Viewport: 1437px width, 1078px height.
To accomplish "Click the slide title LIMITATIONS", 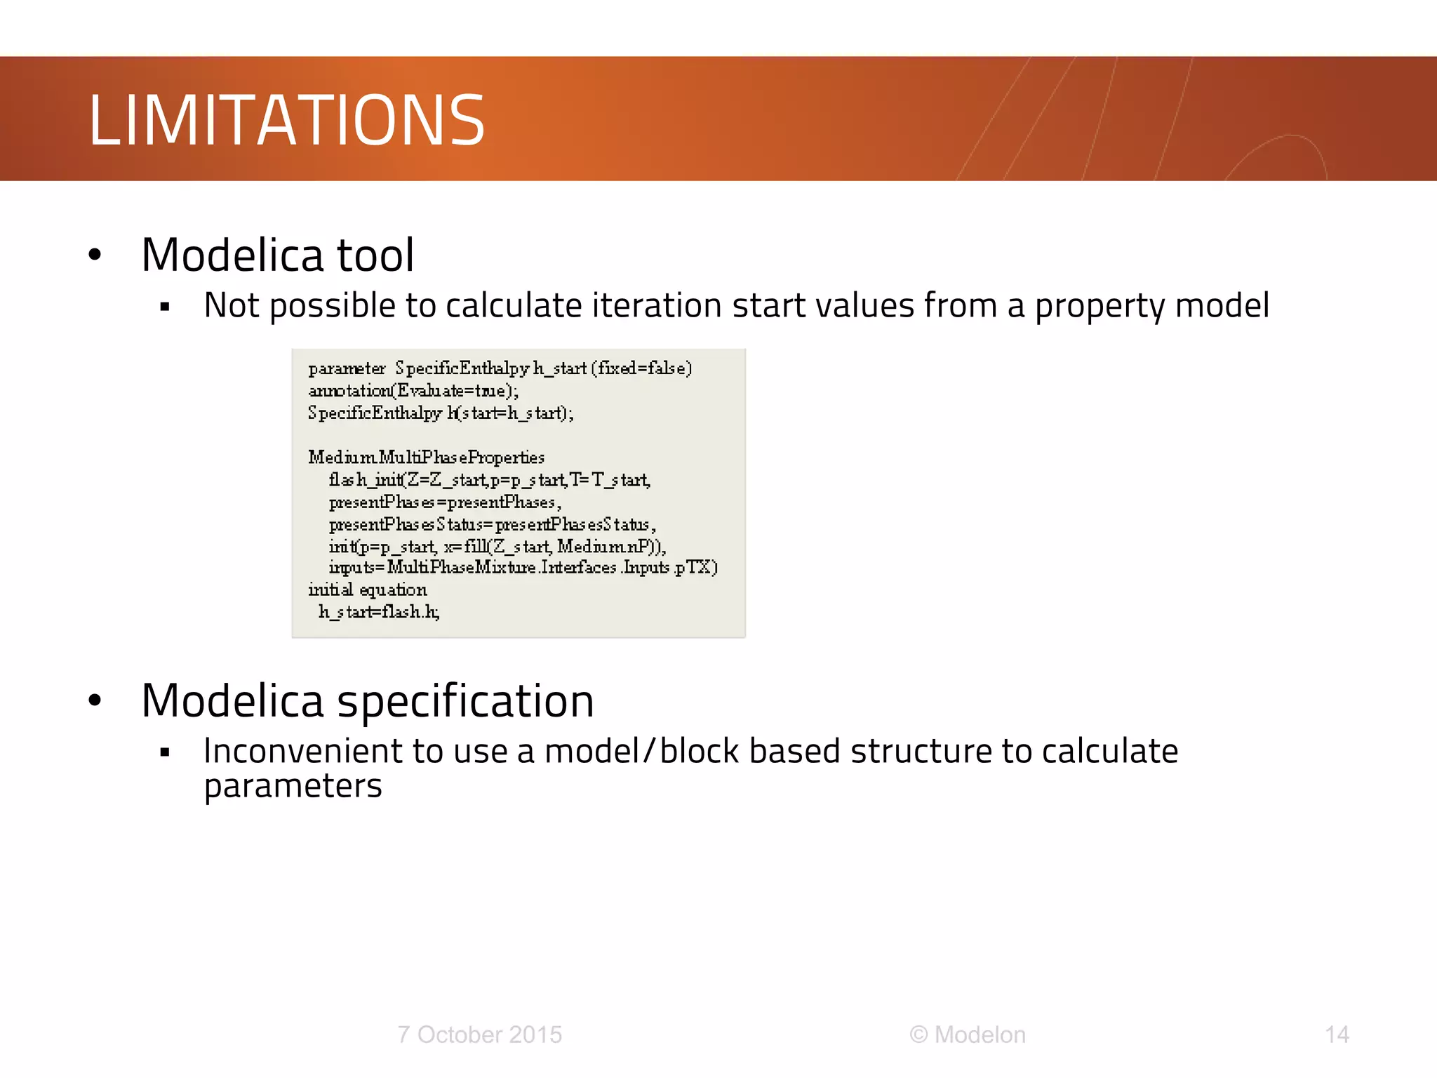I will click(x=286, y=121).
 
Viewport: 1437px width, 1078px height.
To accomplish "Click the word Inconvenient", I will click(x=302, y=751).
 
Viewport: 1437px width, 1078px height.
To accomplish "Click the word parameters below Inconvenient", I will click(x=293, y=786).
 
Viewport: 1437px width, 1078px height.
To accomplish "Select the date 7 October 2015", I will click(x=479, y=1034).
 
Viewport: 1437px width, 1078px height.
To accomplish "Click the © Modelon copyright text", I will click(x=968, y=1034).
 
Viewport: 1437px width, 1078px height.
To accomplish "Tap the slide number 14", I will click(x=1337, y=1034).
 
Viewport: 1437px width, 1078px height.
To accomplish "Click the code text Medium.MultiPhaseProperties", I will click(x=426, y=458).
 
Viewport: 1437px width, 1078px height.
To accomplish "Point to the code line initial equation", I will click(x=367, y=590).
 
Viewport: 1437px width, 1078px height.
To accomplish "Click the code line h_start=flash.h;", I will click(x=379, y=612).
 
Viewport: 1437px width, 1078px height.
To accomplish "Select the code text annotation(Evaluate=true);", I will click(x=413, y=391).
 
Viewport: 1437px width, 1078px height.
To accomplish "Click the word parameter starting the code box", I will click(x=347, y=368).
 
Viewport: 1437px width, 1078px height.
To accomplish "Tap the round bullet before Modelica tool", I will click(x=95, y=255).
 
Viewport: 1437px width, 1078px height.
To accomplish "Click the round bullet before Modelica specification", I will click(x=95, y=700).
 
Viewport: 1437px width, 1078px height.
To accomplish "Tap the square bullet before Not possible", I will click(x=165, y=307).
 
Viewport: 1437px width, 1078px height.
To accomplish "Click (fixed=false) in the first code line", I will click(x=641, y=368).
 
